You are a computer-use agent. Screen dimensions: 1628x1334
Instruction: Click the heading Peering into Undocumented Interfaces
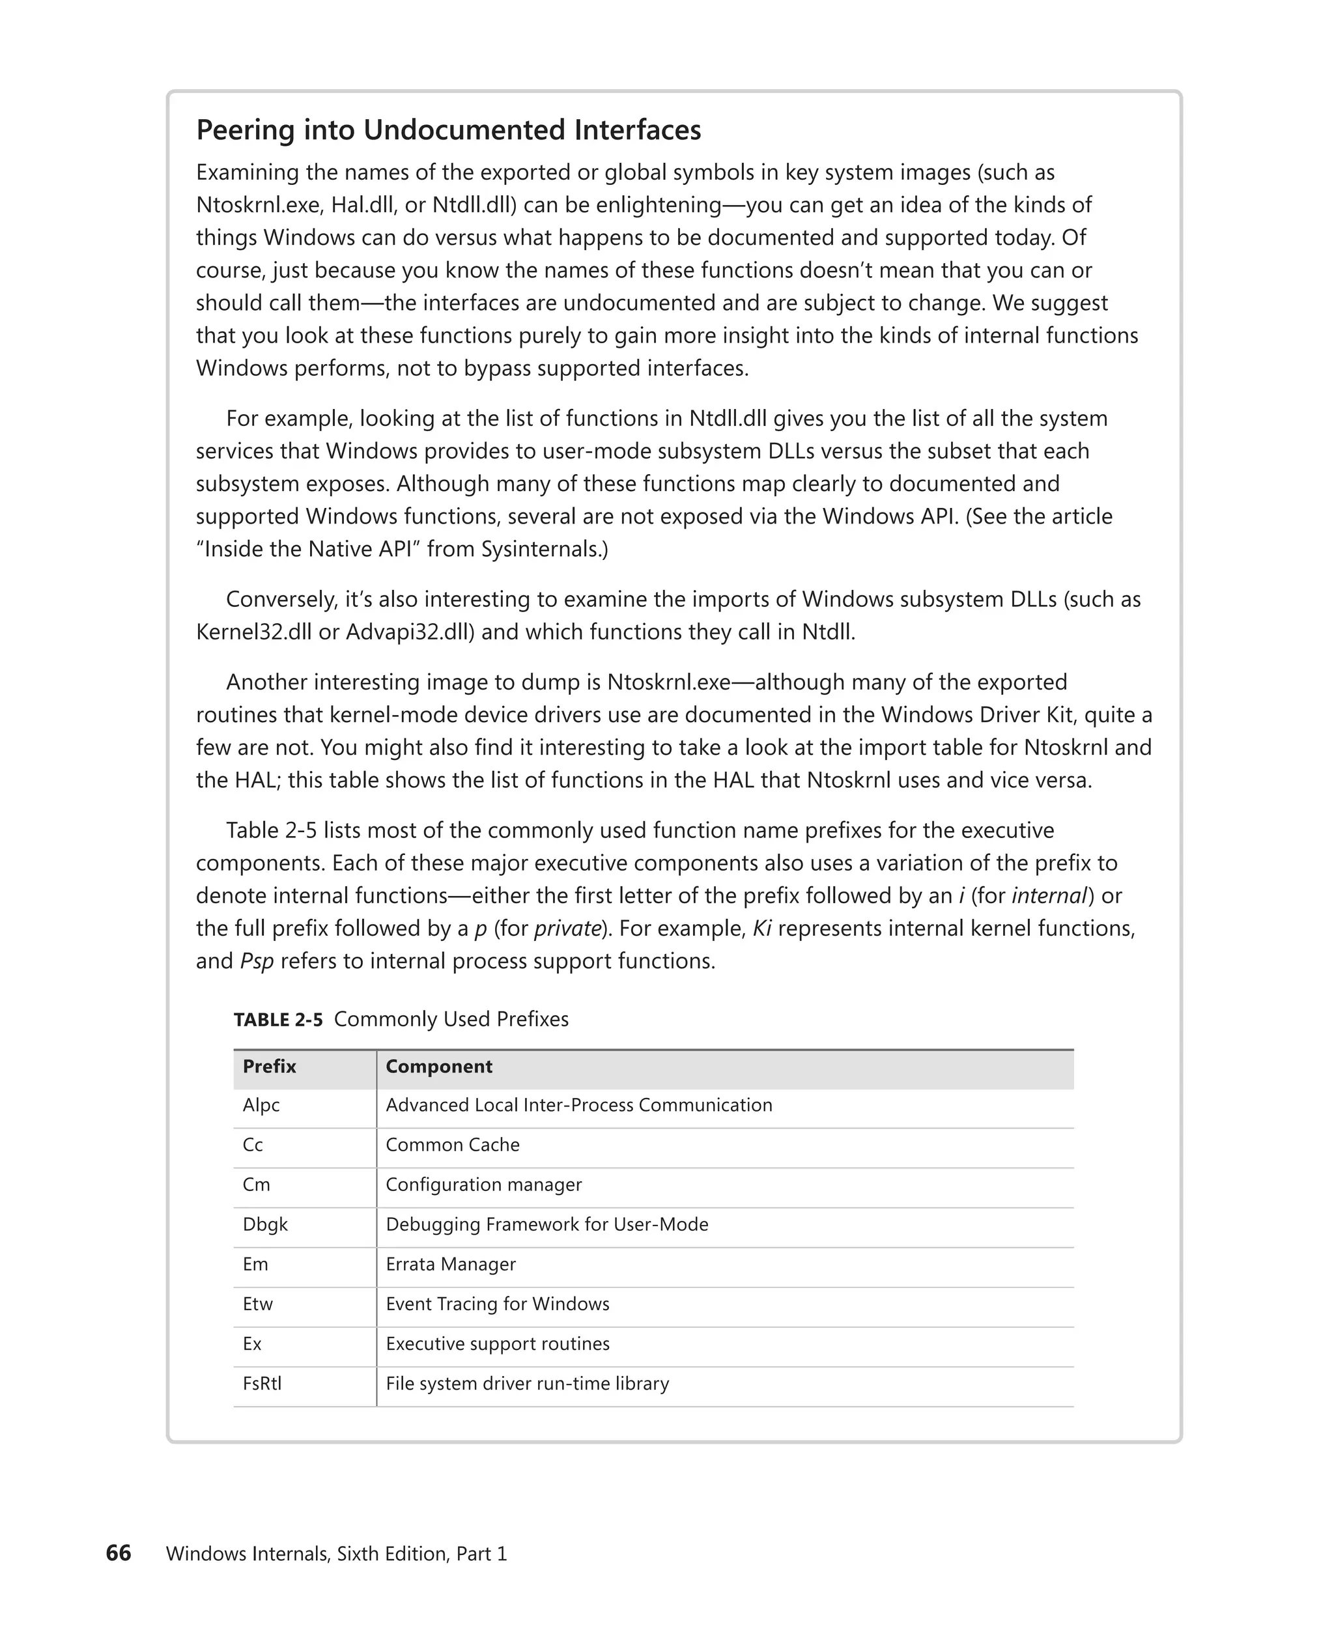448,130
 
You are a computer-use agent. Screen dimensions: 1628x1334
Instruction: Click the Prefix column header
269,1067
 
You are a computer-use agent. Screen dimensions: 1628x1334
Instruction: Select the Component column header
439,1067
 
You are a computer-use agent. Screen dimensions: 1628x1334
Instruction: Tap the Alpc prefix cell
261,1105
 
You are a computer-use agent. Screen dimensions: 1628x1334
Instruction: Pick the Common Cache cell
453,1145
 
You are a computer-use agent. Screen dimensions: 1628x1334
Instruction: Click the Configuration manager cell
483,1185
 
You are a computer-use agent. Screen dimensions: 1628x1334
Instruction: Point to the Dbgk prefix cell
265,1225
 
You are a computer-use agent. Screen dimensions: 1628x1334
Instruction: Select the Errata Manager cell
450,1265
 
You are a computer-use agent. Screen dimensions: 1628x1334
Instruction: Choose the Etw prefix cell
257,1304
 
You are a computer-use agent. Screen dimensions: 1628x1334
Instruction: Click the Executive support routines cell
497,1345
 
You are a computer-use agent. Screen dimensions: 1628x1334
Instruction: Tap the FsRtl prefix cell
262,1384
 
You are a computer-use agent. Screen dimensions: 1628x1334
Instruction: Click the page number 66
119,1554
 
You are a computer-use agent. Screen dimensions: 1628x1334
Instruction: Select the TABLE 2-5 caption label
278,1020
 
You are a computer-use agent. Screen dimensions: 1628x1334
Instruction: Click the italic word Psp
257,962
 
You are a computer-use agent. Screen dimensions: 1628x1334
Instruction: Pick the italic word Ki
761,929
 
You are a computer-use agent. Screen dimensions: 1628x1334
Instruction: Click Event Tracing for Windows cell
497,1304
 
